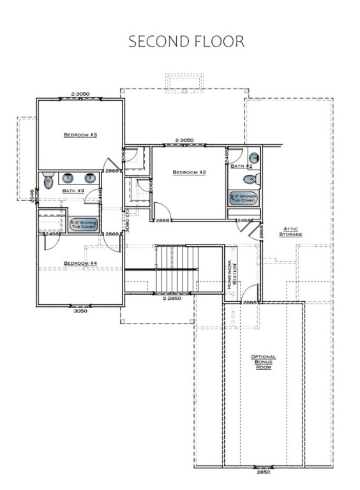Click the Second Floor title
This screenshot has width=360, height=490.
click(x=186, y=41)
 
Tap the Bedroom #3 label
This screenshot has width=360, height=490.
click(x=80, y=135)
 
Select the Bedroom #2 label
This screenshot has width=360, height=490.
click(x=189, y=172)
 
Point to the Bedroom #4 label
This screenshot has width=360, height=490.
click(x=80, y=263)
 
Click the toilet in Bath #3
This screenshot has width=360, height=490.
click(x=49, y=182)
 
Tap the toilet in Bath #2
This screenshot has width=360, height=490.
click(x=254, y=158)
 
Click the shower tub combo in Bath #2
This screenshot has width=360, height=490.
click(x=243, y=198)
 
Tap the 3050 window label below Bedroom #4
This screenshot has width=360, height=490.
click(x=80, y=311)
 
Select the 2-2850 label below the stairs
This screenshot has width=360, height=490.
click(x=172, y=298)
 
